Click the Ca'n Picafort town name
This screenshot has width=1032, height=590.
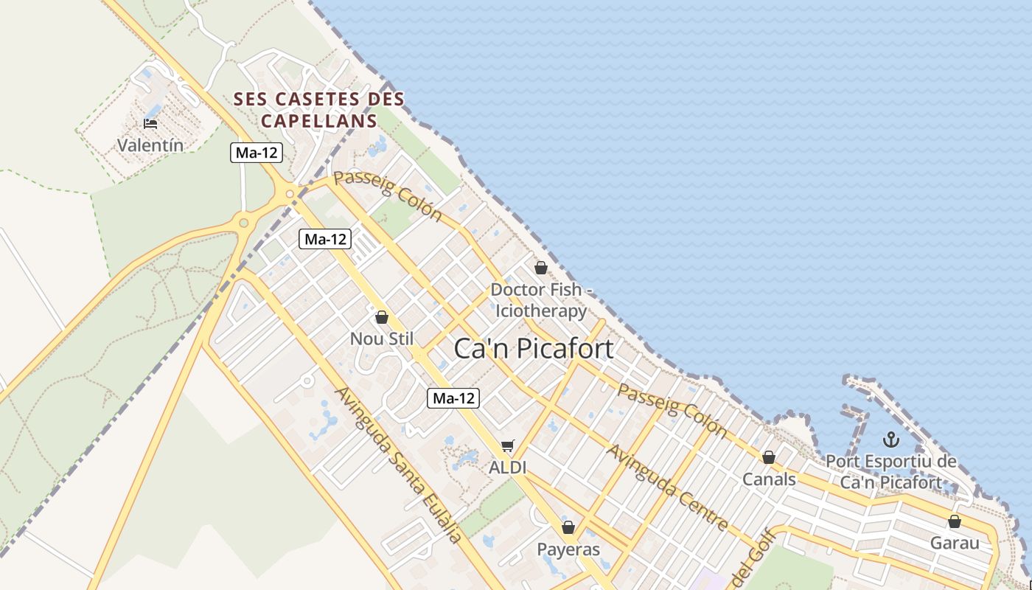click(x=534, y=348)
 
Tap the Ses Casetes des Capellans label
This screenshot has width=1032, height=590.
click(x=319, y=109)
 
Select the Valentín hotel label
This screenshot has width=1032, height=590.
click(x=150, y=145)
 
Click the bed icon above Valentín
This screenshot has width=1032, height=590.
click(x=150, y=123)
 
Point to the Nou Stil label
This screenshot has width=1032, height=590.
click(x=382, y=339)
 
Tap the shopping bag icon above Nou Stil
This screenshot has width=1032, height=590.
click(x=382, y=318)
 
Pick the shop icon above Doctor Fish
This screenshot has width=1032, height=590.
click(x=541, y=268)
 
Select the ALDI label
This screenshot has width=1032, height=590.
click(x=506, y=467)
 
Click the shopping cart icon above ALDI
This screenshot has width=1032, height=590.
click(x=507, y=445)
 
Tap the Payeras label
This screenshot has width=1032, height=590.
click(x=568, y=549)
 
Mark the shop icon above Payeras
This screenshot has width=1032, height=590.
click(x=568, y=527)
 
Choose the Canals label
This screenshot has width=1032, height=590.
click(x=769, y=479)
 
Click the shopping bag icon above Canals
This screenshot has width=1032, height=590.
click(x=769, y=458)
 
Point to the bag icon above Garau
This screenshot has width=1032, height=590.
click(x=955, y=522)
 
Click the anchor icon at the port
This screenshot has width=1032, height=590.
click(x=892, y=440)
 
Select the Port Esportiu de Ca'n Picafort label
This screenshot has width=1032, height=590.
click(x=891, y=473)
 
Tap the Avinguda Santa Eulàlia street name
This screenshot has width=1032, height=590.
click(x=399, y=465)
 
